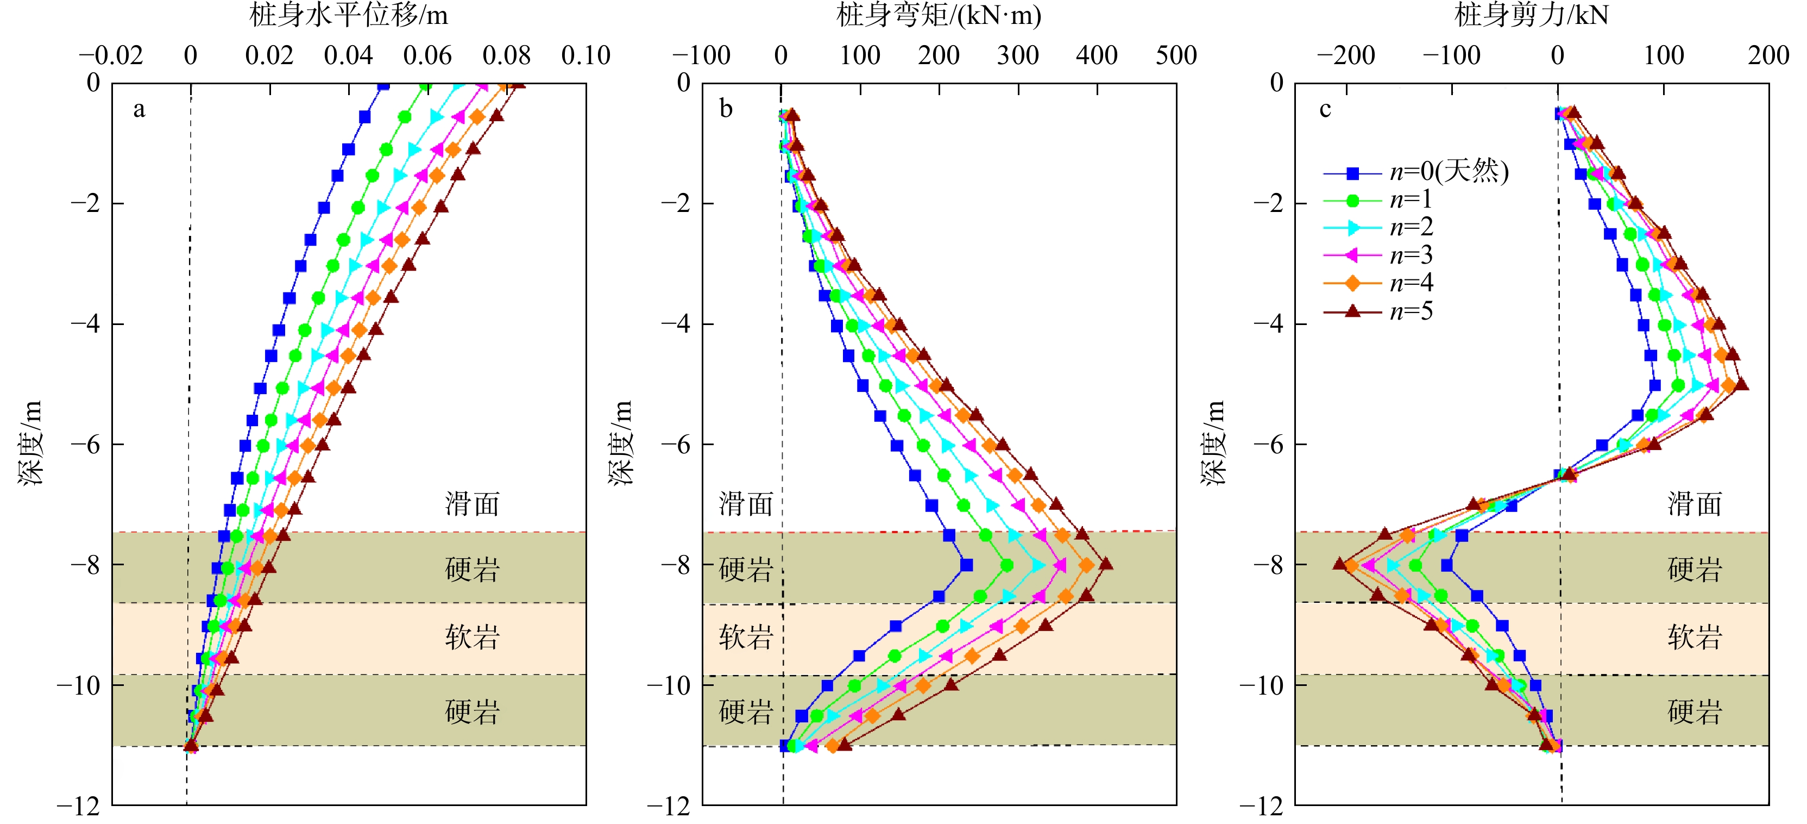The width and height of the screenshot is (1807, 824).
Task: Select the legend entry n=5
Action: point(1411,311)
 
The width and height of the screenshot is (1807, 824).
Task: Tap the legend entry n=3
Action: point(1411,255)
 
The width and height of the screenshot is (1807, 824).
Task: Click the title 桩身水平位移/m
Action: point(349,15)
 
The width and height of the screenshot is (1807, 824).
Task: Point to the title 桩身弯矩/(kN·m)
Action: point(939,15)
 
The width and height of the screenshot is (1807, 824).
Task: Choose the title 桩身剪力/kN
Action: point(1531,15)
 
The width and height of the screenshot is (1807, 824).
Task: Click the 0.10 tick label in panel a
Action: point(585,55)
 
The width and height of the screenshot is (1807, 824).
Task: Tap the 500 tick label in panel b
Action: point(1176,55)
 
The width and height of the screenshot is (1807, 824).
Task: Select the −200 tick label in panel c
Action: point(1345,55)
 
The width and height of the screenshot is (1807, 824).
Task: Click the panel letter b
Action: point(726,109)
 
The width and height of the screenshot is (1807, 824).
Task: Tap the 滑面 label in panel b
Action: point(746,504)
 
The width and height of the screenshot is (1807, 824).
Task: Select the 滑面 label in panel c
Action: point(1695,504)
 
